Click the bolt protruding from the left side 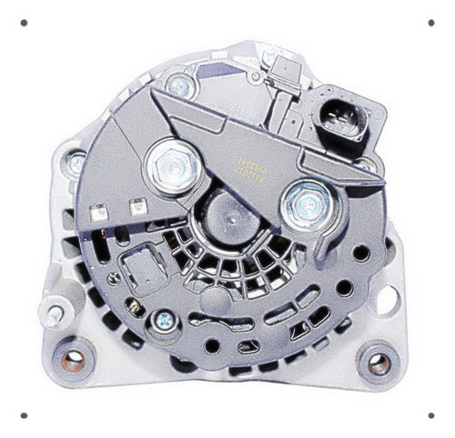pyautogui.click(x=54, y=314)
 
